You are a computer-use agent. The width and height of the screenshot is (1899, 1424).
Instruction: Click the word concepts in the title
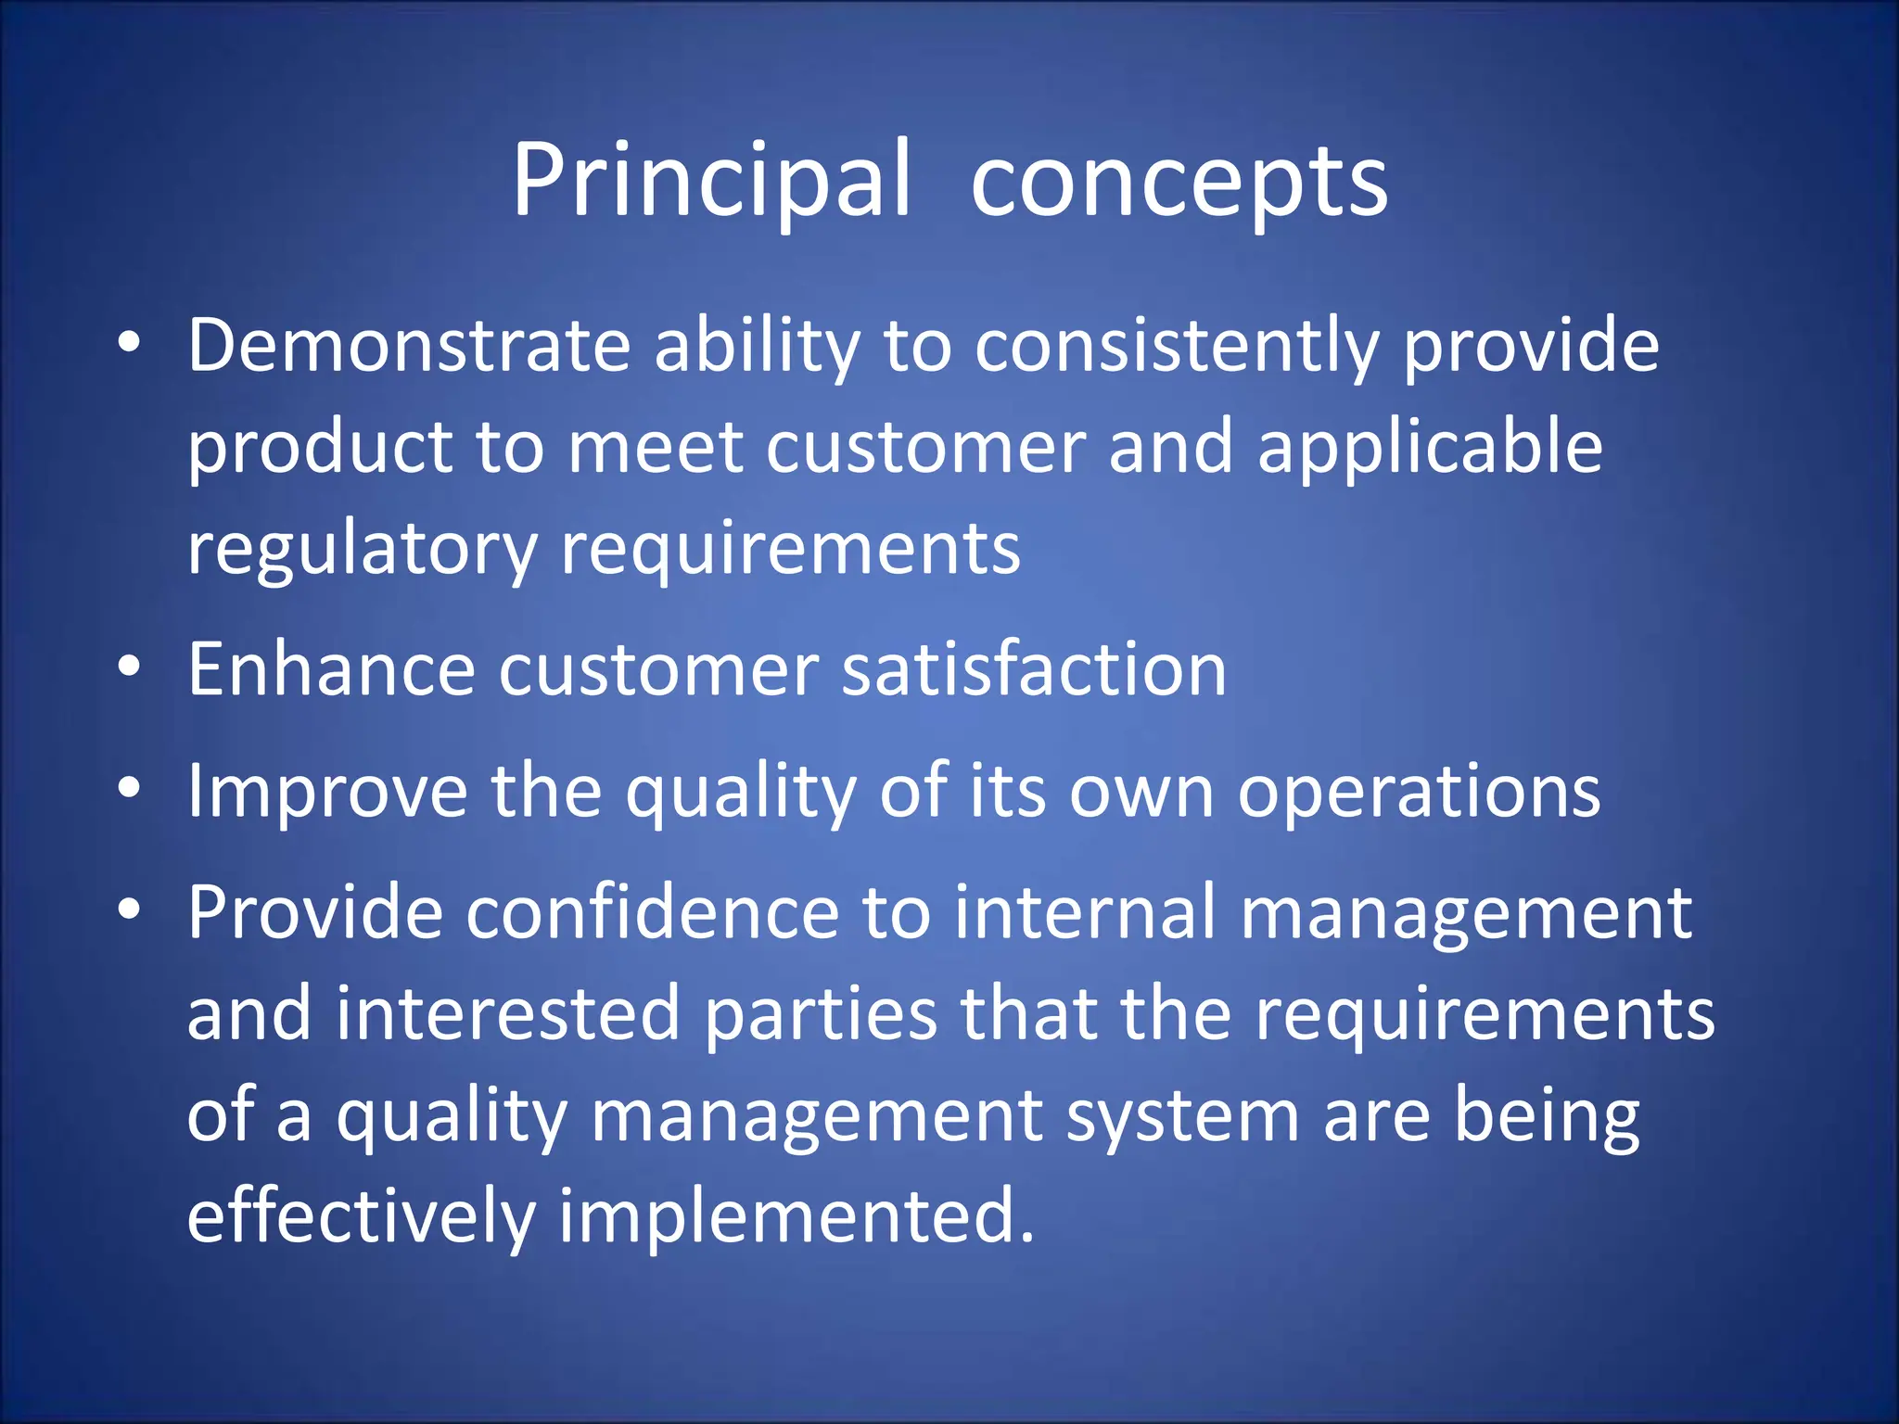coord(1179,183)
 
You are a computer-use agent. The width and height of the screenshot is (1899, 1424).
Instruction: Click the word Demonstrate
coord(409,345)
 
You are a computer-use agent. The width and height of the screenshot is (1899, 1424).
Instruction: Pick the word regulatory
coord(362,550)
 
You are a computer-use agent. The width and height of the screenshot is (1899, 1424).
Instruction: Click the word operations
coord(1419,792)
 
